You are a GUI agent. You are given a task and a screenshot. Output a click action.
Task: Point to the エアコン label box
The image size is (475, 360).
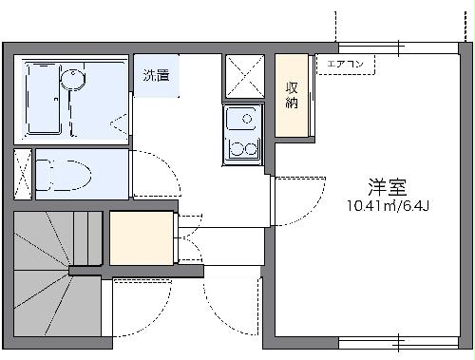pos(346,65)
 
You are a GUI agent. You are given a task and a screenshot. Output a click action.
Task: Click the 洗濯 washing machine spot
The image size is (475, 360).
pos(157,76)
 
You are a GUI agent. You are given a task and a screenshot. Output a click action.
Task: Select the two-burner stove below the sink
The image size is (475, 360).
pos(241,149)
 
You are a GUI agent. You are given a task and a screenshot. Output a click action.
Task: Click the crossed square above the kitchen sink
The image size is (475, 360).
pos(245,77)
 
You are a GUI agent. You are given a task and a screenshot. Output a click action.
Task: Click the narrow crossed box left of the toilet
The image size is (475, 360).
pos(23,175)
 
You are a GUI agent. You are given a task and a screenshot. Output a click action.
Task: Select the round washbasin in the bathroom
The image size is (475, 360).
pos(72,78)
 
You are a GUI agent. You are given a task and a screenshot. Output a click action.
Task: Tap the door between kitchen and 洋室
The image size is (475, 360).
pos(271,200)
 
